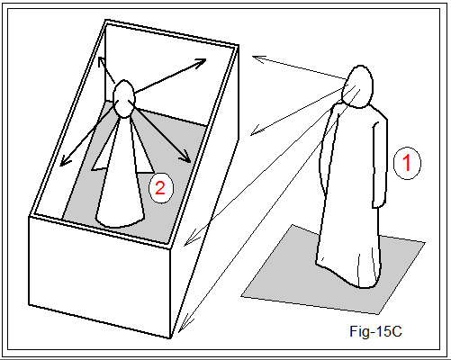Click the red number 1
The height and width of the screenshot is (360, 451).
point(407,162)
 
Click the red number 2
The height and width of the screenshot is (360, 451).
point(160,188)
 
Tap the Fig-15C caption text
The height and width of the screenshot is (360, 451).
point(375,331)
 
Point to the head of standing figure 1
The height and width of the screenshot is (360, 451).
point(358,86)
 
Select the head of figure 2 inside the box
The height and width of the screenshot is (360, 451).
point(123,99)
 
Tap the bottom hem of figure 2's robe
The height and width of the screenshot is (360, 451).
point(120,222)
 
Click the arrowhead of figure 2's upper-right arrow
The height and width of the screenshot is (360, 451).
point(201,61)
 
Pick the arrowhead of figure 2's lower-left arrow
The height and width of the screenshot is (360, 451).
point(64,161)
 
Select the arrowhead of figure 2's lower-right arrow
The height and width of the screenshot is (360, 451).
point(186,158)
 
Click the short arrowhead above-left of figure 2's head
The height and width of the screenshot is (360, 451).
point(102,61)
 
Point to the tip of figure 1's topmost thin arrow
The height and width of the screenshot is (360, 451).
point(253,56)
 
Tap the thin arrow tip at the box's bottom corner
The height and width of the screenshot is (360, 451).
point(179,332)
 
